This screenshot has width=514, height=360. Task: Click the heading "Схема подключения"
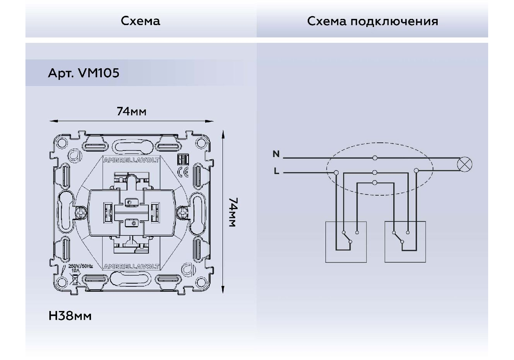pyautogui.click(x=372, y=21)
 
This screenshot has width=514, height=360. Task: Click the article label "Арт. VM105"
pyautogui.click(x=84, y=73)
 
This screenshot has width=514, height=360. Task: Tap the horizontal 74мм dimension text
pyautogui.click(x=131, y=112)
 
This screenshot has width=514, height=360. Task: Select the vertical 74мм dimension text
pyautogui.click(x=233, y=213)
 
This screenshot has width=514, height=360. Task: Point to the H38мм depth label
pyautogui.click(x=70, y=316)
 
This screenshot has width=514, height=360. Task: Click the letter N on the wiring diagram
pyautogui.click(x=276, y=154)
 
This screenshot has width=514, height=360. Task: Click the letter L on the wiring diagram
pyautogui.click(x=276, y=171)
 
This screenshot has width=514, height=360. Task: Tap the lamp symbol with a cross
pyautogui.click(x=464, y=164)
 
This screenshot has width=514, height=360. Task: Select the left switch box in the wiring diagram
pyautogui.click(x=345, y=242)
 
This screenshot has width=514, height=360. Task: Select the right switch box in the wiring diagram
pyautogui.click(x=405, y=242)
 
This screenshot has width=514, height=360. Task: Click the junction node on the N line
pyautogui.click(x=375, y=158)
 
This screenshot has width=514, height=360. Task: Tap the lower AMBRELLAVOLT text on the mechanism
pyautogui.click(x=131, y=267)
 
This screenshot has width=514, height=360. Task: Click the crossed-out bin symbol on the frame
pyautogui.click(x=75, y=280)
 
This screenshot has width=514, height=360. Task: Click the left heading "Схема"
pyautogui.click(x=140, y=21)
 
